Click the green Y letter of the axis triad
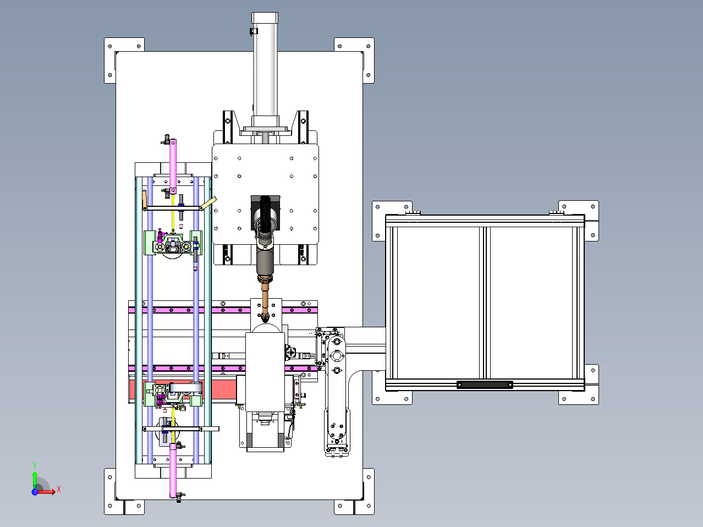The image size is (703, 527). click(35, 465)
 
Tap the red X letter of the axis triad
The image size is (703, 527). click(59, 489)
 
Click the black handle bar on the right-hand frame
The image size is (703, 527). click(485, 385)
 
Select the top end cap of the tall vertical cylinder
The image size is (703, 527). click(265, 18)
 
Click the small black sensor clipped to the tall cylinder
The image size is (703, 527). click(254, 31)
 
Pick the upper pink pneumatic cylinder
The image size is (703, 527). click(173, 167)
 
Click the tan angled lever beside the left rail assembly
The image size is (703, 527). click(208, 203)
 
